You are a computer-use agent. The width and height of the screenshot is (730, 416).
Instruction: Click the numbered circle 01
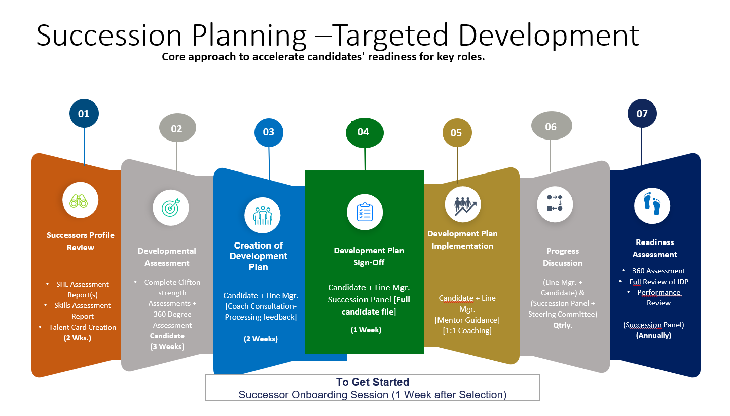(84, 114)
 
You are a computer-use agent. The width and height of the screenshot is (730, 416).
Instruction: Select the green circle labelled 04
(364, 132)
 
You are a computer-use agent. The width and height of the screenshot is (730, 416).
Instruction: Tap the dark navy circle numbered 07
(642, 114)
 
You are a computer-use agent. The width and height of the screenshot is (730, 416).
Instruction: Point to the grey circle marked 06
(551, 127)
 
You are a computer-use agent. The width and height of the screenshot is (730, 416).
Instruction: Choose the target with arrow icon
(170, 207)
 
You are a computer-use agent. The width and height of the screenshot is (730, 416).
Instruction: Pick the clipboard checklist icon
(364, 212)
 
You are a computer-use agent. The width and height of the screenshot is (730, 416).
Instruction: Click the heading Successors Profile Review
(81, 241)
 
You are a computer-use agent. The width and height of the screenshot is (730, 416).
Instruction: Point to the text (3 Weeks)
(167, 346)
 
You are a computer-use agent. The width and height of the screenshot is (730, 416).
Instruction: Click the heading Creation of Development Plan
(258, 256)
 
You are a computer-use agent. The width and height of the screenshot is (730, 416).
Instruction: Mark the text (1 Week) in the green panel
(366, 330)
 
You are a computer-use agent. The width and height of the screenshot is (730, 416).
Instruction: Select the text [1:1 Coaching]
(466, 331)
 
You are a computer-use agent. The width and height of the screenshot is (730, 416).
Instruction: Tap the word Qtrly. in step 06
(563, 325)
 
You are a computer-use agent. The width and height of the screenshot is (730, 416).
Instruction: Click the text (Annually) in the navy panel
(653, 335)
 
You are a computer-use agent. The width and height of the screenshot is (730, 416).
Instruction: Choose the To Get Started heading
(372, 382)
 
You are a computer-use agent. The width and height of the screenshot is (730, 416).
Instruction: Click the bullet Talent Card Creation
(82, 327)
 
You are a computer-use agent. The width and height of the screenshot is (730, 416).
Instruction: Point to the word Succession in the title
(109, 36)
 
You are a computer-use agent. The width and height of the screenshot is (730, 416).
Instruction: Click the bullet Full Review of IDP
(659, 282)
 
